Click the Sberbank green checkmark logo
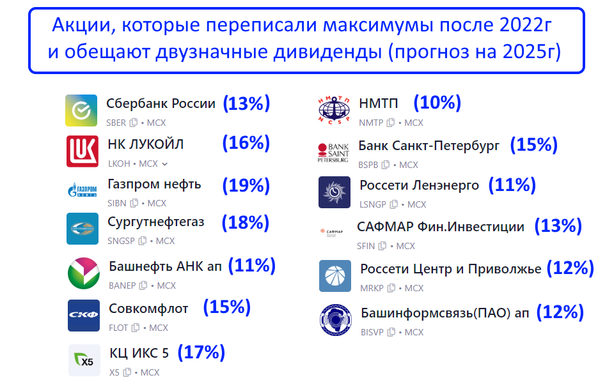click(81, 111)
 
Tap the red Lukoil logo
click(83, 151)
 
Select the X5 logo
click(84, 360)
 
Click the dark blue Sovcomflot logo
click(84, 315)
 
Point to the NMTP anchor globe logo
click(334, 110)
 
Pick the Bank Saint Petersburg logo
click(333, 153)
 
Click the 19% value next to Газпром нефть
click(246, 185)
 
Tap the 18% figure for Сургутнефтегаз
click(246, 222)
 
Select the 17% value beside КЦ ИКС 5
click(201, 352)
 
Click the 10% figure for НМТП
click(437, 103)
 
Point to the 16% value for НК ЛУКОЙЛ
click(246, 143)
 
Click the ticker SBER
click(116, 123)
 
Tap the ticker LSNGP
click(373, 204)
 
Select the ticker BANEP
click(122, 286)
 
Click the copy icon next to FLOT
click(136, 328)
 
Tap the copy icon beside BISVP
click(391, 332)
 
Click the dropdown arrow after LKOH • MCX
click(165, 164)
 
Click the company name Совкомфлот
click(148, 309)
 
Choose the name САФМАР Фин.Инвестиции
click(441, 227)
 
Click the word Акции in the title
click(84, 26)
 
